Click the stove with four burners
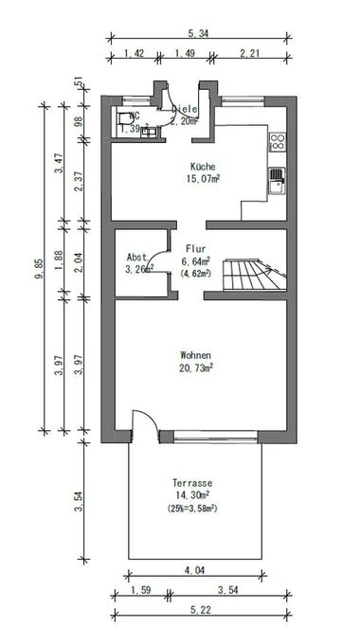tap(279, 143)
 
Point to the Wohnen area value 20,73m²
tap(197, 368)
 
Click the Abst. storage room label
tap(137, 258)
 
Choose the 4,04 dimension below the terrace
tap(193, 570)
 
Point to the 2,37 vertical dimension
tap(78, 180)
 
